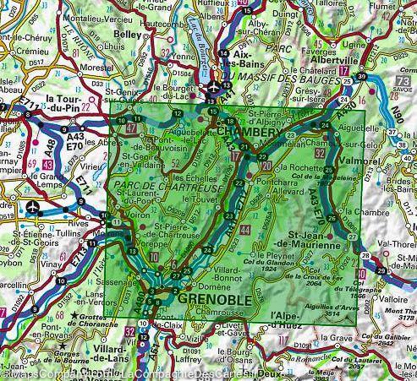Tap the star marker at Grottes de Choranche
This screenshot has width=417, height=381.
pyautogui.click(x=74, y=318)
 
